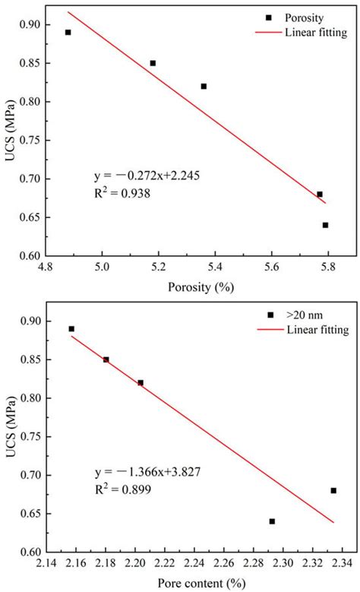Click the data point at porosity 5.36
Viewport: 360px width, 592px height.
pyautogui.click(x=204, y=86)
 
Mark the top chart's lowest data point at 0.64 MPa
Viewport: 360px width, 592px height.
pyautogui.click(x=325, y=225)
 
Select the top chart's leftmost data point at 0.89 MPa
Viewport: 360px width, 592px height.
pyautogui.click(x=68, y=32)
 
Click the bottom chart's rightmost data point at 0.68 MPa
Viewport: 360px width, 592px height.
pyautogui.click(x=333, y=490)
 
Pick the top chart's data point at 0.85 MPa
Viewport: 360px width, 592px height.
pyautogui.click(x=153, y=63)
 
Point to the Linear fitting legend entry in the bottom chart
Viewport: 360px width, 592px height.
pyautogui.click(x=318, y=330)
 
